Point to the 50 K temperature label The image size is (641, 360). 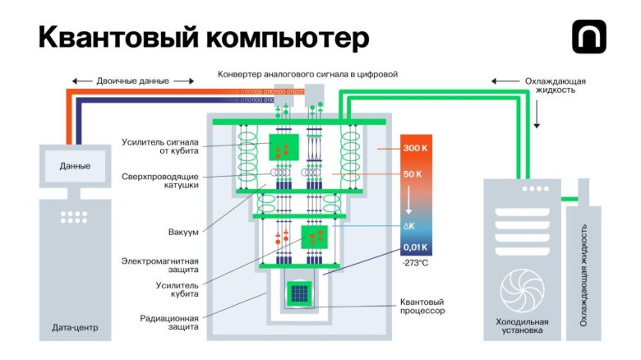(x=413, y=174)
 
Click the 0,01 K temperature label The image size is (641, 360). (x=414, y=247)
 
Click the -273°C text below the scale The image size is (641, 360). (x=415, y=263)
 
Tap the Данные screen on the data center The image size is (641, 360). (x=75, y=166)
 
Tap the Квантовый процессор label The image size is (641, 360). (x=422, y=307)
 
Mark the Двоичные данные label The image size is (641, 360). (x=132, y=81)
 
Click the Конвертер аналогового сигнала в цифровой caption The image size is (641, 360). (x=307, y=74)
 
